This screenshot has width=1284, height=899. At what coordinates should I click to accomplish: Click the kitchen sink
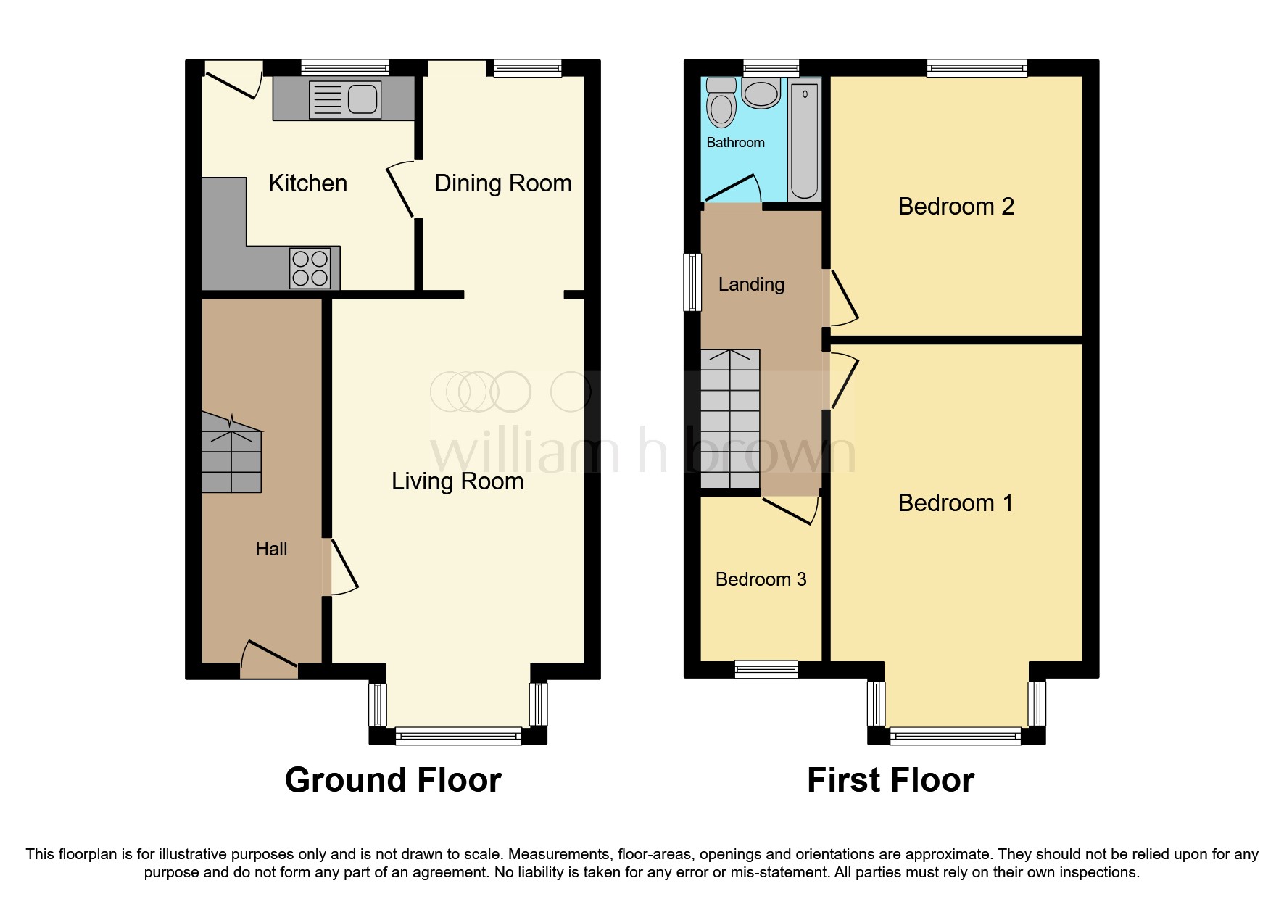coord(345,99)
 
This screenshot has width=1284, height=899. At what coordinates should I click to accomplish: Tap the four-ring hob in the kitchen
coord(310,268)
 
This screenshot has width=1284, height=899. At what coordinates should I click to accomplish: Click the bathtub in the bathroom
coord(804,141)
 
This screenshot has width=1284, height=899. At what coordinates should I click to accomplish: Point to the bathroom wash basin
coord(761,94)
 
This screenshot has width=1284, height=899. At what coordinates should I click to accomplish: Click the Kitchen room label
coord(307,183)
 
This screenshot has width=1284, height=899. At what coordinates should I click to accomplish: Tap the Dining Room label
coord(502,183)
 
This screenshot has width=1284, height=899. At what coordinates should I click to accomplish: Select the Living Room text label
coord(457,481)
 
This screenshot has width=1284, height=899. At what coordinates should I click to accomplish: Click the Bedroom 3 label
coord(761,579)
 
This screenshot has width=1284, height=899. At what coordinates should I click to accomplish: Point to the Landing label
coord(751,284)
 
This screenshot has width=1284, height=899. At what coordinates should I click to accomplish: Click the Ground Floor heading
coord(393,780)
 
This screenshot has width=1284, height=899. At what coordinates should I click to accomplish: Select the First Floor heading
coord(890,780)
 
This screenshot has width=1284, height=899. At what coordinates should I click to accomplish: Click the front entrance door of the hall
coord(269,660)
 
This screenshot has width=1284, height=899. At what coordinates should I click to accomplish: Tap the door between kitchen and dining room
coord(401,190)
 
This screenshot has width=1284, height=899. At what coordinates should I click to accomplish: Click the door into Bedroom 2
coord(842,297)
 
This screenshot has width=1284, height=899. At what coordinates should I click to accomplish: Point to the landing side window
coord(693,282)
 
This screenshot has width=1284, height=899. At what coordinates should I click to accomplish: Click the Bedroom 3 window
coord(766,669)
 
